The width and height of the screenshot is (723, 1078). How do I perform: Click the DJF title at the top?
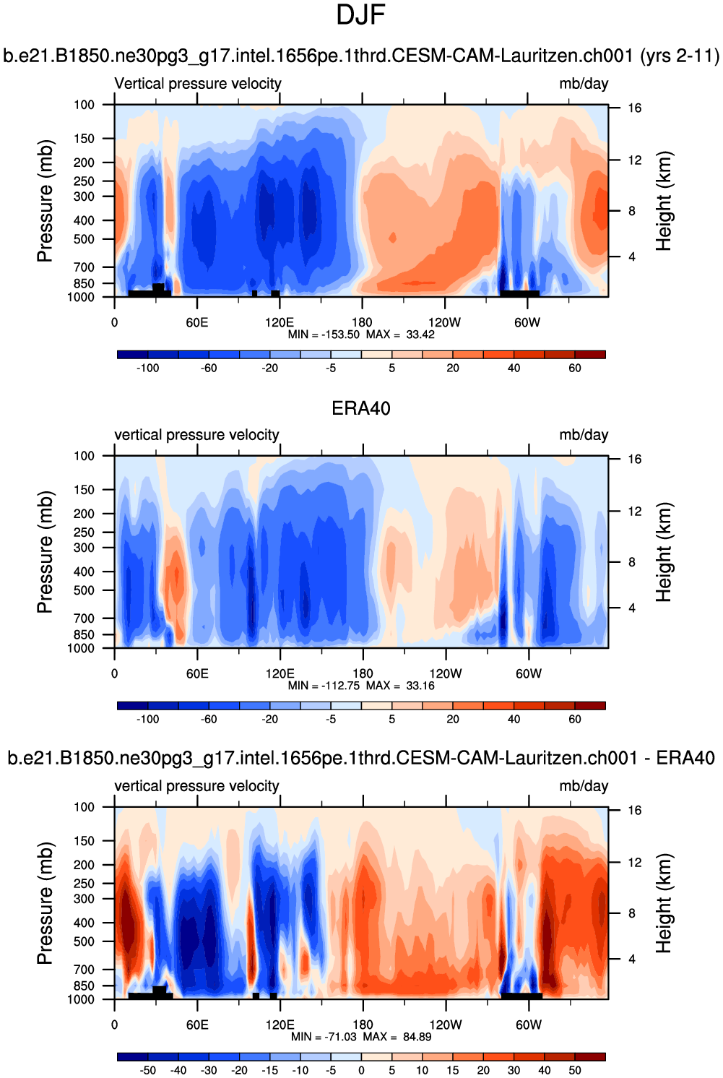tap(360, 15)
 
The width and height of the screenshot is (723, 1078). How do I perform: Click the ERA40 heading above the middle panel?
tap(360, 409)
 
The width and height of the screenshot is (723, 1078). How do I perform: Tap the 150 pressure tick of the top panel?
tap(84, 139)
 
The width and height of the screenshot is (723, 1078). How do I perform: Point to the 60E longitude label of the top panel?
tap(196, 323)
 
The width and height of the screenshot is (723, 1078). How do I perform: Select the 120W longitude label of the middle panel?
tap(445, 674)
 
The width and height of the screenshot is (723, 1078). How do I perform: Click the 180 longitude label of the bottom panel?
tap(362, 1025)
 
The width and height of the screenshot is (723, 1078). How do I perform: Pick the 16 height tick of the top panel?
tap(634, 108)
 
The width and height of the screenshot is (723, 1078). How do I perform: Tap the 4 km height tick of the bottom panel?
tap(632, 960)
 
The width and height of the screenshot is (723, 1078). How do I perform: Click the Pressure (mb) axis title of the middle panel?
tap(45, 552)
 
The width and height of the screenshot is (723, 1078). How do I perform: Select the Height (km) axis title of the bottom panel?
tap(664, 903)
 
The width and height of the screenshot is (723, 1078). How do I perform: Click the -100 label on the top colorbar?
tap(147, 368)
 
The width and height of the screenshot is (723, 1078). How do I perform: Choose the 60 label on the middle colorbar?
tap(574, 720)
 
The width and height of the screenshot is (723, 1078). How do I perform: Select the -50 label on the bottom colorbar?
tap(147, 1071)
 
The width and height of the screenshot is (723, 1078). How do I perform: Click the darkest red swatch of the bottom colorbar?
tap(590, 1057)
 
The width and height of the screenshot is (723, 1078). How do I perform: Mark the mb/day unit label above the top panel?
tap(584, 84)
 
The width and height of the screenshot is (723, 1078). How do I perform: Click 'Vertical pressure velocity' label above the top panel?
tap(198, 84)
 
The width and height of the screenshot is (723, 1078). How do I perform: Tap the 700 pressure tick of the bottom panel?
tap(84, 970)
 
